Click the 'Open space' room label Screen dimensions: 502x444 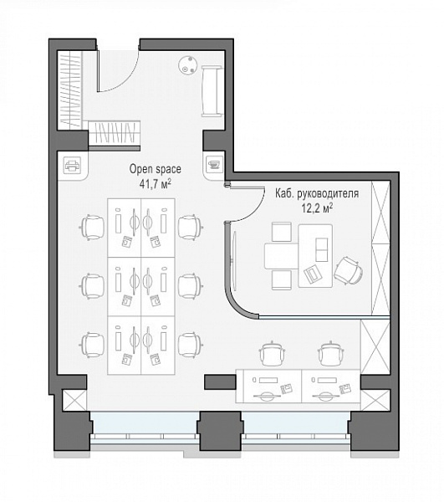[156, 167]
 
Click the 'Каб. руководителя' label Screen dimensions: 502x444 [317, 194]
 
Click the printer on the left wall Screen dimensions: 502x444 [72, 166]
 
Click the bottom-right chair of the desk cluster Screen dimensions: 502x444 [189, 342]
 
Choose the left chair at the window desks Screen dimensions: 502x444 [272, 352]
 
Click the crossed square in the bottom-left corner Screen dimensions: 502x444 [74, 401]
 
